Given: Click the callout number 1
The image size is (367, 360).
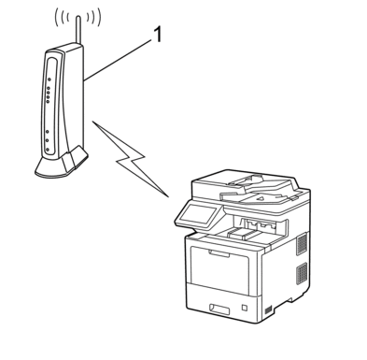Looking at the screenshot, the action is click(x=158, y=35).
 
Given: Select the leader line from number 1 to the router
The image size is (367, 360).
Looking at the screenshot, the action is click(x=118, y=61).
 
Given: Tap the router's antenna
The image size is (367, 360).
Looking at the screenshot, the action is click(x=78, y=29).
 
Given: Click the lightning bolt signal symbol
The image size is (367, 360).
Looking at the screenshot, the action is click(x=131, y=159).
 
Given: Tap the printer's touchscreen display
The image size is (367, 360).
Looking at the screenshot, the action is click(x=197, y=214).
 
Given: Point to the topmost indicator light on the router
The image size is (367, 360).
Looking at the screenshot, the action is click(x=49, y=79).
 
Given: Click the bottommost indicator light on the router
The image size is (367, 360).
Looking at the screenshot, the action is click(x=47, y=150).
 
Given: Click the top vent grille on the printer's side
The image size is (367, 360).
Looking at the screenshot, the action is click(x=302, y=244).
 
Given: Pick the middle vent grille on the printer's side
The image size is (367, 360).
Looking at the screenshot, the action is click(x=302, y=273).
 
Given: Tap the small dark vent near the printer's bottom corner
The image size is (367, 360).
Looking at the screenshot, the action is click(x=268, y=310).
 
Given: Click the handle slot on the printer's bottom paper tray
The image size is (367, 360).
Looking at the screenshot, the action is click(x=219, y=310).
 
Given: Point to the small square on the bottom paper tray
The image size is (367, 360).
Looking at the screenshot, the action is click(x=245, y=308).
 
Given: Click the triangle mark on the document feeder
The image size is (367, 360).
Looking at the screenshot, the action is click(x=261, y=197).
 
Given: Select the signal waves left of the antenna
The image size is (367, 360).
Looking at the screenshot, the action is click(x=63, y=18).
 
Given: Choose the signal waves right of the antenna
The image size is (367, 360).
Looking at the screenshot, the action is click(x=94, y=18).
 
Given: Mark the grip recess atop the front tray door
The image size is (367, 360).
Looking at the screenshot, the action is click(x=219, y=253).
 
